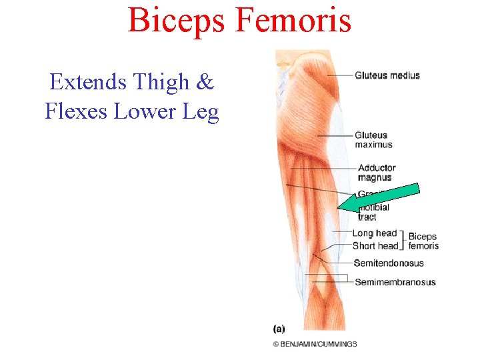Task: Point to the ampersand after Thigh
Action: click(x=205, y=82)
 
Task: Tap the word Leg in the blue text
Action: click(x=201, y=112)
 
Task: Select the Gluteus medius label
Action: click(x=387, y=75)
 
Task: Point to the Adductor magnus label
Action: click(x=377, y=173)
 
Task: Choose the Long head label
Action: click(x=374, y=233)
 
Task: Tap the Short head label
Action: click(x=375, y=246)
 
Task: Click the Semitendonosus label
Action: click(x=389, y=263)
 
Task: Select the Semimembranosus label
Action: click(x=395, y=282)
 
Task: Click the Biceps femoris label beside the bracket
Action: click(x=423, y=241)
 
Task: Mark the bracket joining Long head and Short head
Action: click(x=403, y=239)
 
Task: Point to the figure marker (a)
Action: click(x=279, y=329)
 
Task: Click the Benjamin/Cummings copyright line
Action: click(x=315, y=344)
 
